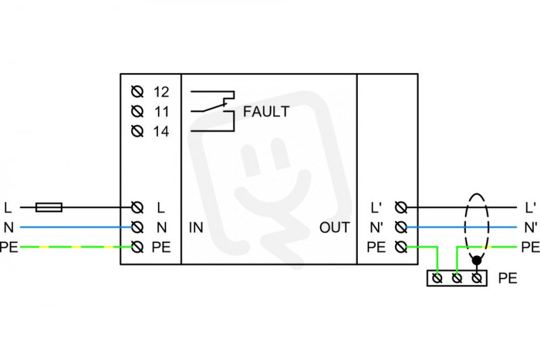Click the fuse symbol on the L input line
(49, 207)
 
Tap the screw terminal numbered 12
(138, 92)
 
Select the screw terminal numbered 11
(138, 111)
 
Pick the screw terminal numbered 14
(138, 131)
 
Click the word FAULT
(266, 111)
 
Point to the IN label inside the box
(196, 228)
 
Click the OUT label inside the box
(334, 228)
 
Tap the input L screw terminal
(138, 207)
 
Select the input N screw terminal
(138, 228)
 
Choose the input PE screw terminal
(138, 247)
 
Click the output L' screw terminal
(401, 207)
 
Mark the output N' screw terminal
(401, 228)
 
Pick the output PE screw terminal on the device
(401, 247)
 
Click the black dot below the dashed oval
(477, 261)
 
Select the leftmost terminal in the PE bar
(437, 278)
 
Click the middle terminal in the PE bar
(457, 278)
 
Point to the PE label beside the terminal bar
(508, 278)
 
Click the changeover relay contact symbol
(213, 111)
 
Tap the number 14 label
(161, 131)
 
